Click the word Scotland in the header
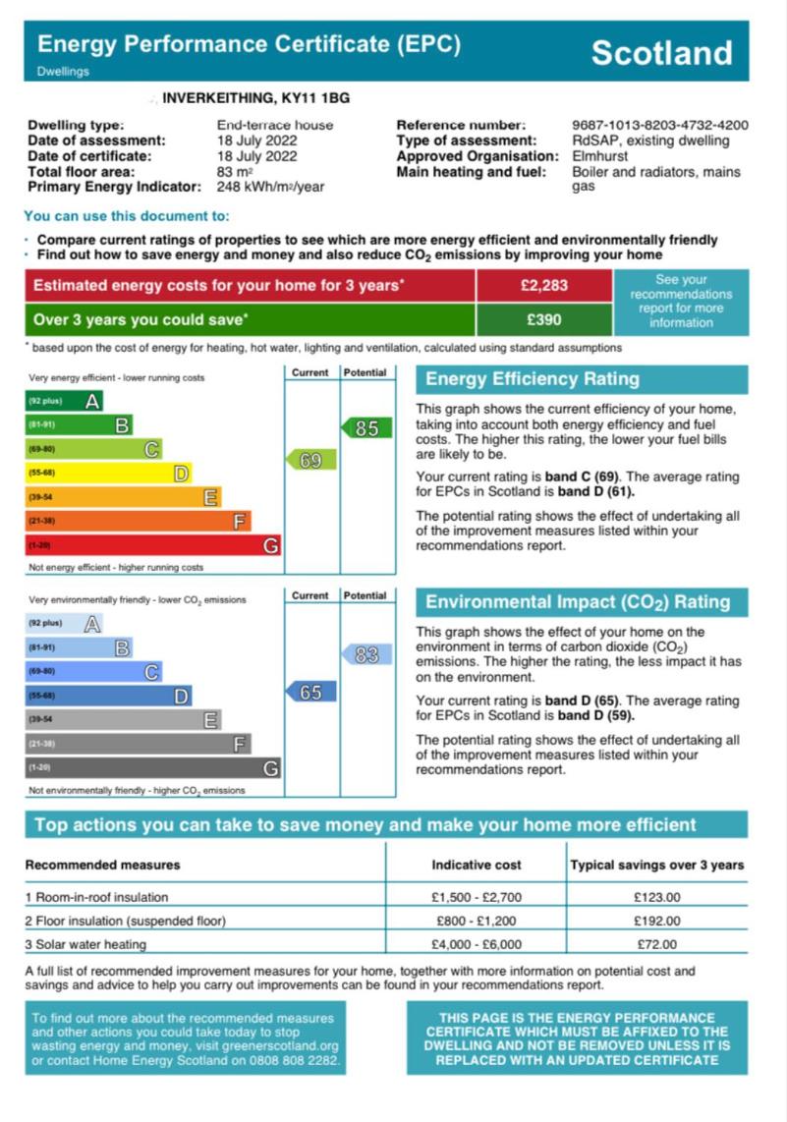(x=661, y=52)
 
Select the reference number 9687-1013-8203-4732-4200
(x=659, y=126)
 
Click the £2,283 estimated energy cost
(x=544, y=286)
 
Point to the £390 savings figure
(x=544, y=319)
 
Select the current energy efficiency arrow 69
(x=310, y=460)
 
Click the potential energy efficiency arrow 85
(x=366, y=428)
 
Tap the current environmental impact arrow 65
(x=310, y=693)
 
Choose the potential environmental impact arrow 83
(x=366, y=654)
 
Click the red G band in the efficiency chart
(x=152, y=545)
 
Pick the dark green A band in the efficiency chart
(x=64, y=401)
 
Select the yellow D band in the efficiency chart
(x=108, y=474)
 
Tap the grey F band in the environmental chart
(x=138, y=745)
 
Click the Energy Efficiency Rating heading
(x=532, y=379)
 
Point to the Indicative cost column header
(x=477, y=866)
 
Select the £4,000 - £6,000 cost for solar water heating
(x=477, y=945)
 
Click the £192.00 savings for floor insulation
(x=656, y=922)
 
